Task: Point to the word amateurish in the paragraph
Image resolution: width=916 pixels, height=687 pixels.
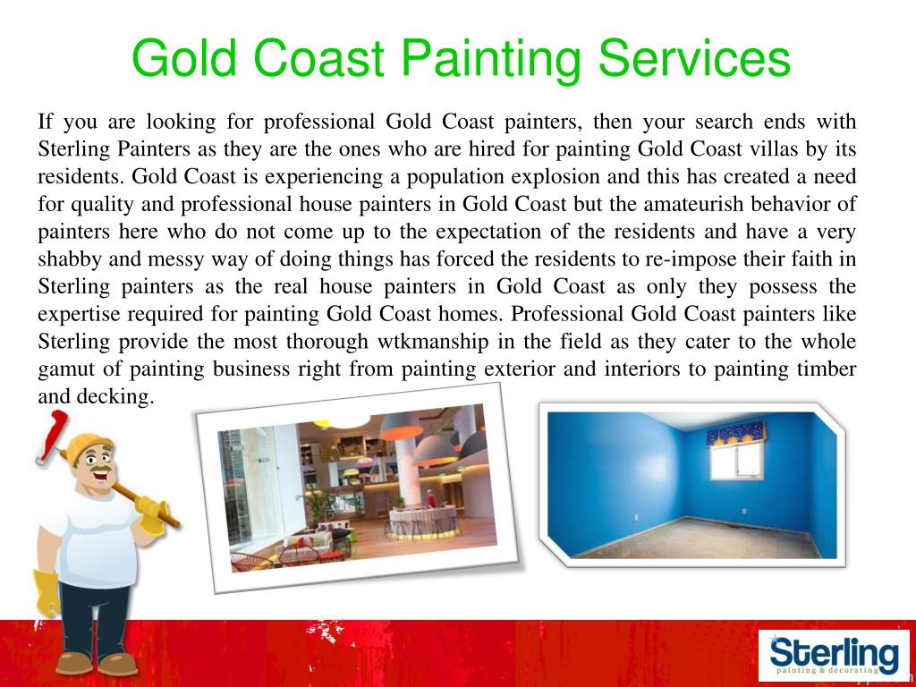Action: click(x=682, y=203)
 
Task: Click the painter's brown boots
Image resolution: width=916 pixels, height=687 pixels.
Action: click(x=98, y=662)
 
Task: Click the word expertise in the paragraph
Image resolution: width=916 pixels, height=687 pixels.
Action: click(x=77, y=314)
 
